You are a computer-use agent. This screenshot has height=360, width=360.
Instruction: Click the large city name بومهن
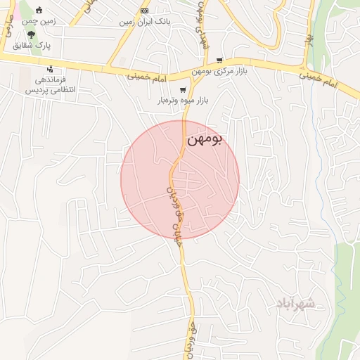[x=205, y=140]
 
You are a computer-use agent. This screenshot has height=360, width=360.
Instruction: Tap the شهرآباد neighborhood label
[x=294, y=304]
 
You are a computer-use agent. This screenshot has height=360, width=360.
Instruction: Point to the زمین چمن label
[x=38, y=22]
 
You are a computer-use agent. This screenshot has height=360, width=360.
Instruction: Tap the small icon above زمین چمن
[x=38, y=10]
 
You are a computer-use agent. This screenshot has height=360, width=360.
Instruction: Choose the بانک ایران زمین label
[x=144, y=22]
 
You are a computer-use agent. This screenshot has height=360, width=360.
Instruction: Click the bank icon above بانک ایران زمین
[x=144, y=11]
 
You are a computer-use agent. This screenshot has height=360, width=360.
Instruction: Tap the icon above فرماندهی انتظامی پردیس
[x=50, y=70]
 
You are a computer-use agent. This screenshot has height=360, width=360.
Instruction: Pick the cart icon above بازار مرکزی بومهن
[x=221, y=60]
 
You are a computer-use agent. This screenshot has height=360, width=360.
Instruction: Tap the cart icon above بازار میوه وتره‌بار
[x=183, y=89]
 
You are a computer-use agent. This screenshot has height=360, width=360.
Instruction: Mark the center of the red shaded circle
[x=180, y=179]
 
